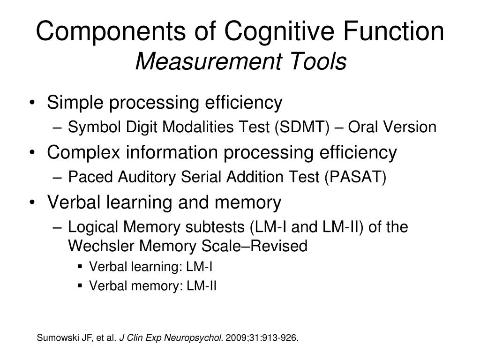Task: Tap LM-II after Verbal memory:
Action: tap(202, 285)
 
